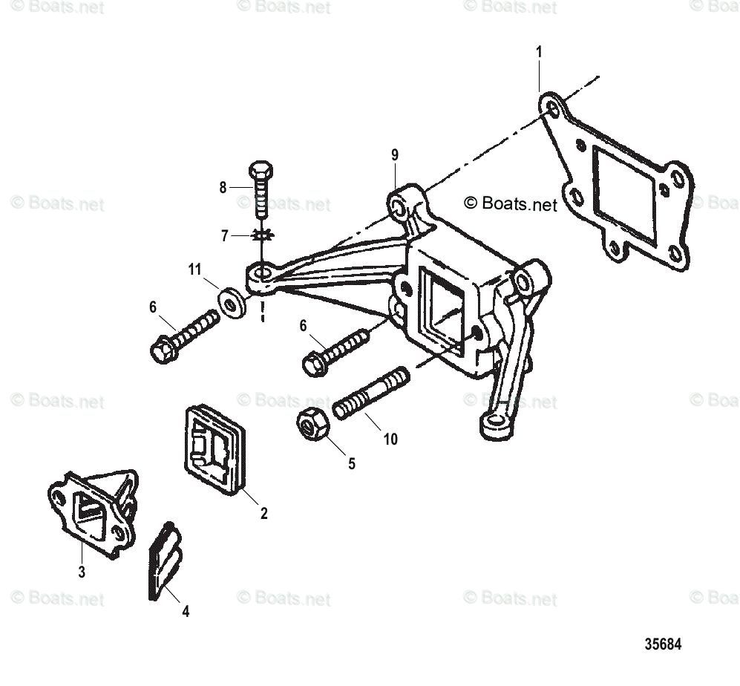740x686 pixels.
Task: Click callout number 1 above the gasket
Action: point(540,52)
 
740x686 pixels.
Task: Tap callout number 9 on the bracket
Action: point(395,154)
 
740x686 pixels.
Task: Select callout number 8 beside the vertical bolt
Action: point(223,188)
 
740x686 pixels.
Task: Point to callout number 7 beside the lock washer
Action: point(225,236)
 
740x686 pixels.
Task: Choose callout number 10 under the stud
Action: point(390,439)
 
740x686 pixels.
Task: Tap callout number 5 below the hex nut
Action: point(352,463)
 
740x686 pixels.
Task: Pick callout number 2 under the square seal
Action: point(263,512)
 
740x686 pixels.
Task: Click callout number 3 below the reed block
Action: point(82,572)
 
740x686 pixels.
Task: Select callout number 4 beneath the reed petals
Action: point(186,611)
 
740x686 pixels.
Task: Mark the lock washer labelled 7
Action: point(261,235)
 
